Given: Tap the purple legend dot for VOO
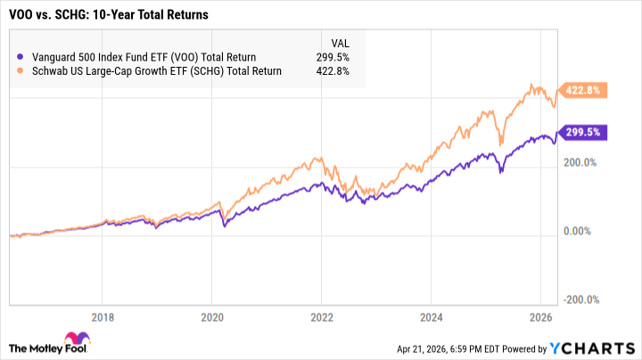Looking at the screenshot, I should pos(22,56).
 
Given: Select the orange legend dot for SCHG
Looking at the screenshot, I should pos(22,70).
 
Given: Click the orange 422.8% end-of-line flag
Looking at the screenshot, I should pos(584,90).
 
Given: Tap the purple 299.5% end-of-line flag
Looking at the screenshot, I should pos(584,133).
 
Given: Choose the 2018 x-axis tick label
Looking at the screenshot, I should pos(103,316).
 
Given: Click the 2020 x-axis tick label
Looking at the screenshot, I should pos(212,316).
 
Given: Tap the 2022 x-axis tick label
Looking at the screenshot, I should pos(321,316).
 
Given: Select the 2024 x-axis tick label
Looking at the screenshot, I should pos(430,316).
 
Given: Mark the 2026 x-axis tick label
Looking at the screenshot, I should pos(539,316).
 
